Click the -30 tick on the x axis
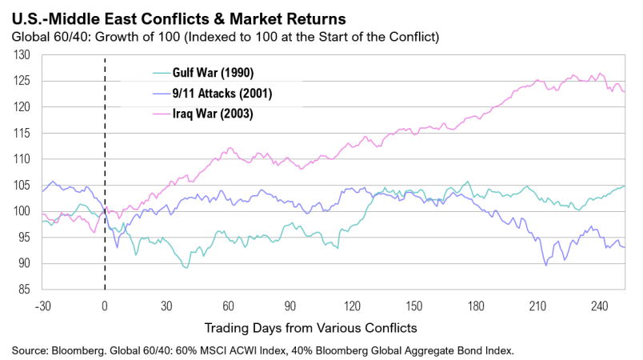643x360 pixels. point(43,305)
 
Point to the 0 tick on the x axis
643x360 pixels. point(105,305)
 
